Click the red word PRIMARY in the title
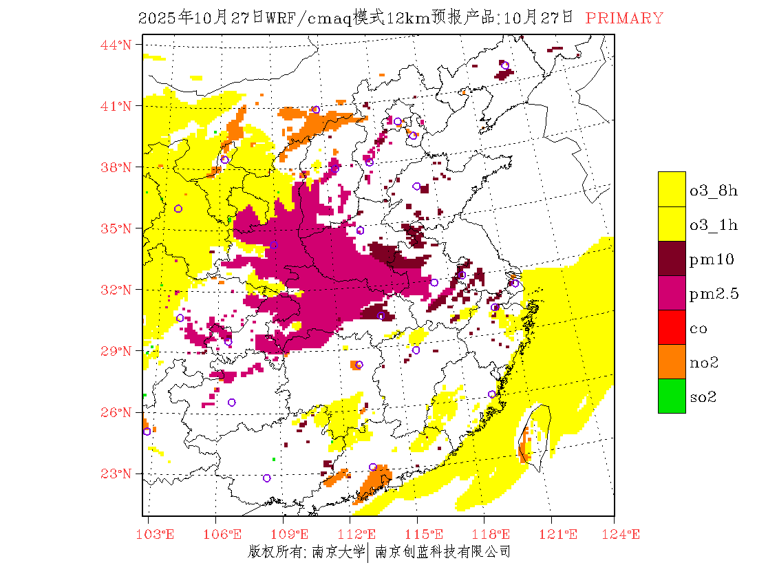click(624, 19)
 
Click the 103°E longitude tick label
click(156, 534)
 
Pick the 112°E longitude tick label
click(361, 534)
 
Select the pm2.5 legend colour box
click(672, 292)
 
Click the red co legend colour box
click(672, 327)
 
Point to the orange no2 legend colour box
click(672, 361)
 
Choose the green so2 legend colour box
click(672, 396)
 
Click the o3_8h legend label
click(714, 191)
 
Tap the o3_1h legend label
click(714, 225)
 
